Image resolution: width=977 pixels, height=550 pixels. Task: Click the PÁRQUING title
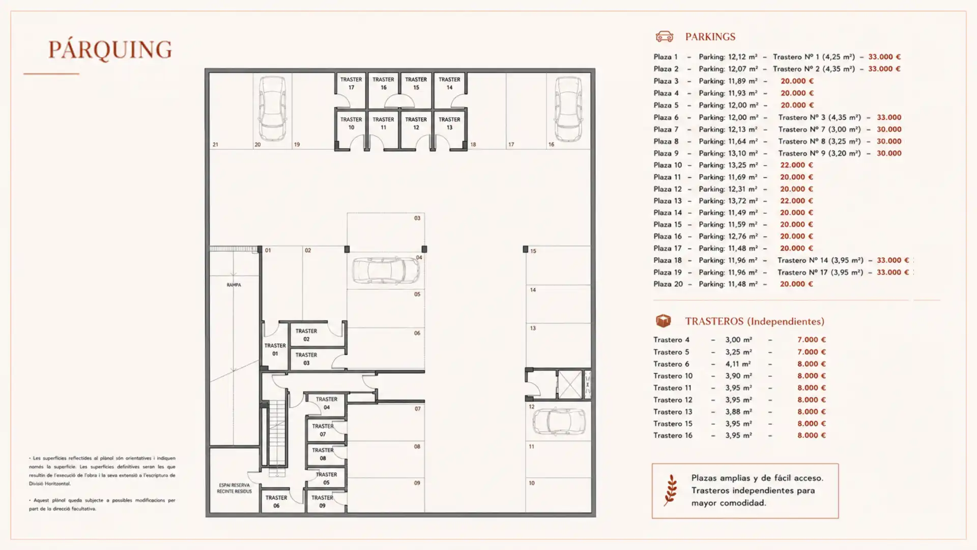click(x=110, y=50)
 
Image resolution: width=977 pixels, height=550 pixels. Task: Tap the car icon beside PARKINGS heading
click(x=664, y=36)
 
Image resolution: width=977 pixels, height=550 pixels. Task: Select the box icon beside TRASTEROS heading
click(x=663, y=321)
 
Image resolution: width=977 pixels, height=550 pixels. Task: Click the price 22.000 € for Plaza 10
click(x=796, y=165)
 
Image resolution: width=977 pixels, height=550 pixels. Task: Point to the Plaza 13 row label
click(x=667, y=201)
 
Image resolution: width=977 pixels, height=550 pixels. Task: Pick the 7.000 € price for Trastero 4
click(x=811, y=340)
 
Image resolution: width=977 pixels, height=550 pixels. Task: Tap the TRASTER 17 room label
click(x=351, y=84)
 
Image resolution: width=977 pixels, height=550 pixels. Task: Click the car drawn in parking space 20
click(x=272, y=108)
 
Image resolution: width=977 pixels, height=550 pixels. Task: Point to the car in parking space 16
click(x=568, y=108)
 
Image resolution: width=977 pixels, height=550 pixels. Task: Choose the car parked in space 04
click(x=386, y=270)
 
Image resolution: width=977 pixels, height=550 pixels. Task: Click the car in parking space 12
click(x=559, y=422)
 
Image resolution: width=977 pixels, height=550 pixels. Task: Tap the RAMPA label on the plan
click(x=234, y=285)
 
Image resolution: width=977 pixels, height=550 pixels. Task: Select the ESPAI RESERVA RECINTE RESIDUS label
click(x=234, y=488)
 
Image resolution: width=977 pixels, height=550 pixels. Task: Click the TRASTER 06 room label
click(x=276, y=502)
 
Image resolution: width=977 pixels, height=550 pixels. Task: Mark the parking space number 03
click(x=417, y=218)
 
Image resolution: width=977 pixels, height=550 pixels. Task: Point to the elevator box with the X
click(x=569, y=384)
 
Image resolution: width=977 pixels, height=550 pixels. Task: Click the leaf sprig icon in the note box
click(x=671, y=490)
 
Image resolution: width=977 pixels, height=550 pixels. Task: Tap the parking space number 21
click(x=215, y=145)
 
